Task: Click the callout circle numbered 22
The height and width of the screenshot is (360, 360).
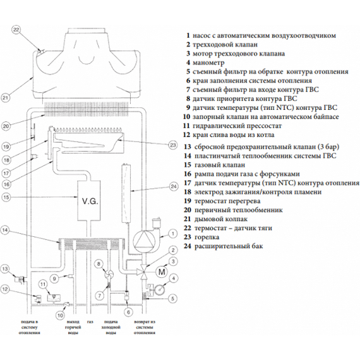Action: click(x=16, y=30)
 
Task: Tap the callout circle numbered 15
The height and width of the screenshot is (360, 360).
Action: click(x=6, y=197)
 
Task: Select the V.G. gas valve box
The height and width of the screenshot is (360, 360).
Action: click(x=90, y=200)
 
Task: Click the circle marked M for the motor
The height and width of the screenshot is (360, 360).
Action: click(x=162, y=272)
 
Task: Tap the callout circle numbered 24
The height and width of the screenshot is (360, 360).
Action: click(x=174, y=186)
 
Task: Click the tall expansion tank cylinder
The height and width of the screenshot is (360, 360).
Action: click(x=126, y=193)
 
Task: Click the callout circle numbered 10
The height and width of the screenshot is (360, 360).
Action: click(x=60, y=315)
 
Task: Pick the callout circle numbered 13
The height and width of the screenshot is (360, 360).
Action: click(x=5, y=269)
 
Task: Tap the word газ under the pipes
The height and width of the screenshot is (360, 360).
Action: click(x=90, y=322)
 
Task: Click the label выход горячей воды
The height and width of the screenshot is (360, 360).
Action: click(x=74, y=328)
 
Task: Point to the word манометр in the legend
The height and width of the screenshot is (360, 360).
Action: click(x=208, y=63)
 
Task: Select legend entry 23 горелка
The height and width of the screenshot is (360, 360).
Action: click(x=201, y=237)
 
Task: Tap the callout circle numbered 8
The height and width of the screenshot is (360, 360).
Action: click(x=99, y=264)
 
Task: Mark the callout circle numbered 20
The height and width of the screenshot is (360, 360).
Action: click(x=6, y=126)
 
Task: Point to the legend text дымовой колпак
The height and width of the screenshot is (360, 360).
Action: click(x=221, y=219)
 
